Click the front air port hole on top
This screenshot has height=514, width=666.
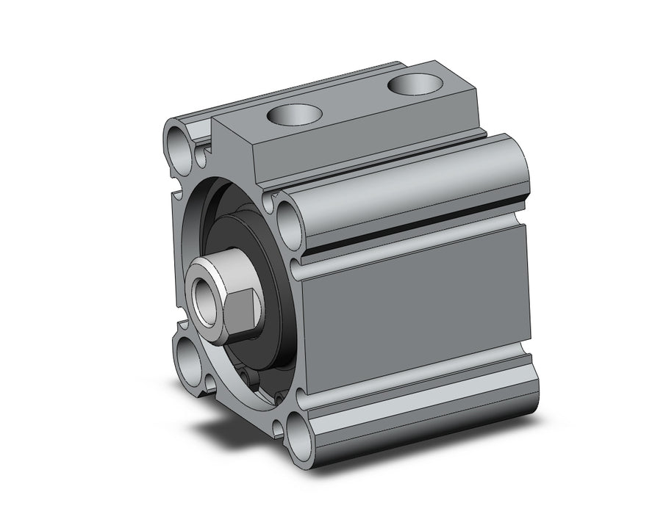pos(295,115)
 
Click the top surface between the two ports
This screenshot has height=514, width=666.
pos(353,103)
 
